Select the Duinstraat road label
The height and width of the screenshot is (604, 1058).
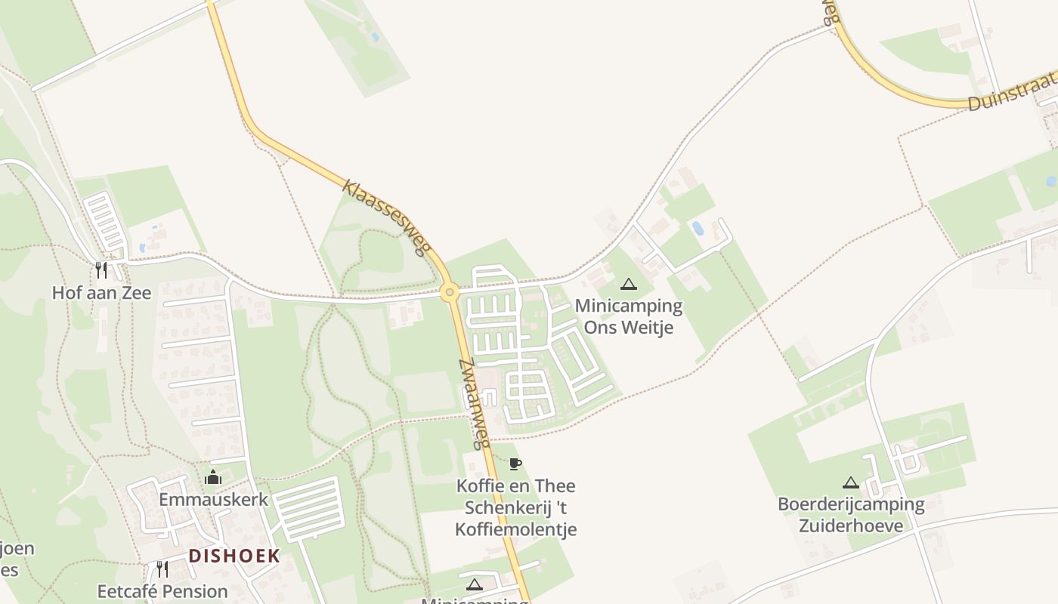pos(1010,91)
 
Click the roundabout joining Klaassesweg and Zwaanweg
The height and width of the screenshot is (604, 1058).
pos(450,292)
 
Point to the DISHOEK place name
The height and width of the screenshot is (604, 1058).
pos(234,556)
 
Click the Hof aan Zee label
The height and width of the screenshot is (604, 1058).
pos(102,293)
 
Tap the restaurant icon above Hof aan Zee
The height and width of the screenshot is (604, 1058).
pos(101,270)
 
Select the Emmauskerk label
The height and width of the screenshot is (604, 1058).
pos(213,500)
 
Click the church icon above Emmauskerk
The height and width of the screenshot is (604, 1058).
pos(213,477)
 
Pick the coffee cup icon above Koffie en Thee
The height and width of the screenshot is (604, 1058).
pos(515,464)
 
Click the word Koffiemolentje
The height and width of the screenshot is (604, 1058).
pos(516,529)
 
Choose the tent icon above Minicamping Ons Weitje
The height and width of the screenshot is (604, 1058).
pos(628,285)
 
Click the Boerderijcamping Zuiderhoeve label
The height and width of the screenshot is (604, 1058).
pos(851,514)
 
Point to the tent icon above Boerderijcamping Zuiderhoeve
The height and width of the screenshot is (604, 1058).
pos(851,483)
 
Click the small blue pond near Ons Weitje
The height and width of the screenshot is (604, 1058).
pos(698,227)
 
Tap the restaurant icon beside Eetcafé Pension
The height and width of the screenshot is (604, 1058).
pos(162,569)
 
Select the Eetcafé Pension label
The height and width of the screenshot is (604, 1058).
pos(162,591)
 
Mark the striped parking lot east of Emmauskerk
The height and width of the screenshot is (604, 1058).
pos(308,507)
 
